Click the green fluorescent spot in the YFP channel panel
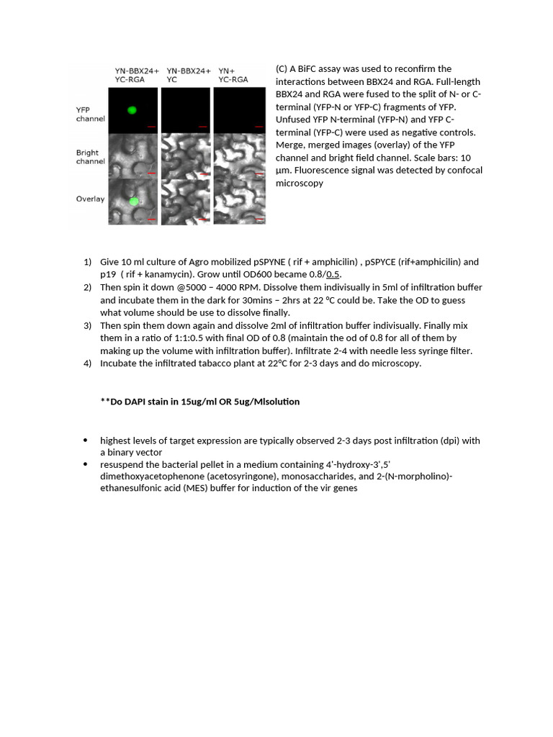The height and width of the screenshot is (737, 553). [x=132, y=110]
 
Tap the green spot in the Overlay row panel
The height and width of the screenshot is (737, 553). [x=133, y=202]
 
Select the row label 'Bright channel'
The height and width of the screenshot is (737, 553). [x=91, y=157]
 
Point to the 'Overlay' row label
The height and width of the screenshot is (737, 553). [x=91, y=199]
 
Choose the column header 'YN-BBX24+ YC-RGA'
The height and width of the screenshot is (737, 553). [x=133, y=76]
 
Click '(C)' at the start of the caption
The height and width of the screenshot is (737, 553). [x=281, y=69]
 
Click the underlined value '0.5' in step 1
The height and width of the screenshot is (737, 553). [x=333, y=274]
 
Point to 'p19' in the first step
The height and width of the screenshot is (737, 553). [x=107, y=274]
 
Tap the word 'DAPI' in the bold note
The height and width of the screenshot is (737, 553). [x=136, y=402]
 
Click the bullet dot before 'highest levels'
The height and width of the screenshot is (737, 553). [x=86, y=440]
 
